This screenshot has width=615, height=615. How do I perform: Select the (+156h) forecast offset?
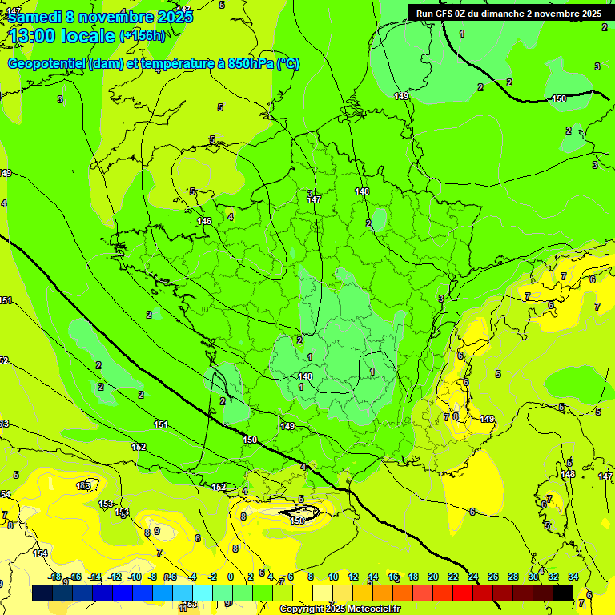pyautogui.click(x=143, y=36)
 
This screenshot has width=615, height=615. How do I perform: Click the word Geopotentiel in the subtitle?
pyautogui.click(x=46, y=64)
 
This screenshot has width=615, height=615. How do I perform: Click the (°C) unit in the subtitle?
pyautogui.click(x=288, y=64)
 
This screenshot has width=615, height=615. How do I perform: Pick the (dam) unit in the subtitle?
pyautogui.click(x=106, y=64)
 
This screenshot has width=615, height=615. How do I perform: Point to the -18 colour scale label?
pyautogui.click(x=55, y=577)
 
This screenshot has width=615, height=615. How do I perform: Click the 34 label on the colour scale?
pyautogui.click(x=573, y=577)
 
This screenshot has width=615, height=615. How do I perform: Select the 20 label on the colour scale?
pyautogui.click(x=433, y=577)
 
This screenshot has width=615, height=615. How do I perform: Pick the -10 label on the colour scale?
pyautogui.click(x=135, y=577)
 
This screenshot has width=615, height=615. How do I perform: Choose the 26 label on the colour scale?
pyautogui.click(x=493, y=577)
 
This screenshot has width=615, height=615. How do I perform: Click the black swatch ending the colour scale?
pyautogui.click(x=563, y=593)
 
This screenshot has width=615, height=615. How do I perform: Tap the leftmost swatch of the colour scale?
pyautogui.click(x=42, y=593)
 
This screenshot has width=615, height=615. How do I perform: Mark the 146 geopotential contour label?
pyautogui.click(x=204, y=221)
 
